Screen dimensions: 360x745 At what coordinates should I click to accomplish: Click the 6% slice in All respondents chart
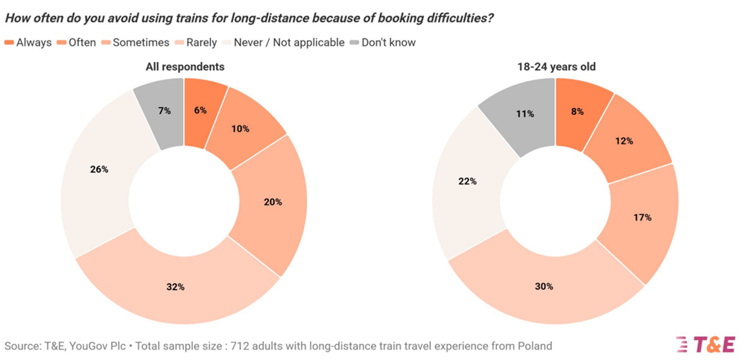point(200,110)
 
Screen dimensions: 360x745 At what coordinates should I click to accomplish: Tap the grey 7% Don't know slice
point(163,110)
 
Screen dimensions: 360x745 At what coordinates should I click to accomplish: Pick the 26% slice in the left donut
point(99,169)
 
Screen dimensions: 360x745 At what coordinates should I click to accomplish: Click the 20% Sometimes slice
point(273,201)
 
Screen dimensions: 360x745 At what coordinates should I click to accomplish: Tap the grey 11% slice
point(525,114)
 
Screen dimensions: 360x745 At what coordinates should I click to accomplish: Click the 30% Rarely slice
point(544,285)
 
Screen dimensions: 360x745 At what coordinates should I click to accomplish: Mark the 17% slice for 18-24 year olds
point(643,218)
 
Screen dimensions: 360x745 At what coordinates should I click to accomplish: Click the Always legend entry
point(28,42)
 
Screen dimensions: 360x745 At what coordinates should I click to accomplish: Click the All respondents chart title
point(185,67)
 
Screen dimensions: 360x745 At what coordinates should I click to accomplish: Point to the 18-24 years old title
point(555,67)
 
